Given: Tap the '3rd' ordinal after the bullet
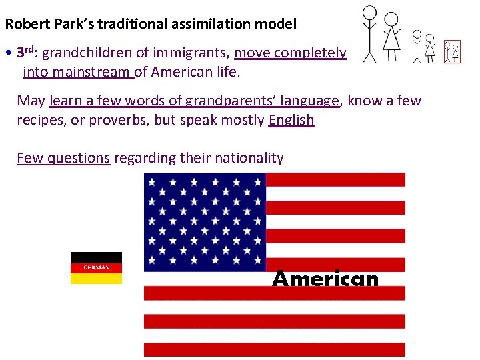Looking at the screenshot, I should tap(25, 52).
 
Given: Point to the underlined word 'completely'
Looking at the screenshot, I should tap(313, 52).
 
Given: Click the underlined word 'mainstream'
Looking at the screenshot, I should tap(94, 71).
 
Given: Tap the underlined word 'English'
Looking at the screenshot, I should tap(291, 120).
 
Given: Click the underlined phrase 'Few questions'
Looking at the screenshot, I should tap(63, 158).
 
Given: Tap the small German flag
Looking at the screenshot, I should tap(96, 268).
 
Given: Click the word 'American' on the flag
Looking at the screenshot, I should tap(325, 279).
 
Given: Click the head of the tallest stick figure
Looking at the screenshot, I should tap(369, 12).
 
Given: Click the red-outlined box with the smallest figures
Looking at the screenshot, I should tap(453, 51).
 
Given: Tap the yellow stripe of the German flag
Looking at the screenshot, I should tap(96, 279).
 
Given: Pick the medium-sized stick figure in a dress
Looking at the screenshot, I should tap(430, 48).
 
